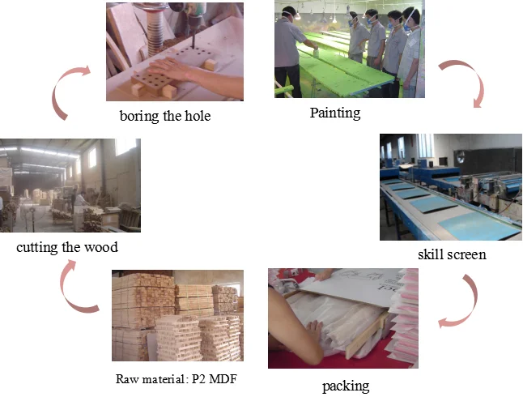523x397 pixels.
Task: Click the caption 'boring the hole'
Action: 164,116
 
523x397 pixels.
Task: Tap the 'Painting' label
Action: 334,113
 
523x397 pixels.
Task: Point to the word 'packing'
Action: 345,385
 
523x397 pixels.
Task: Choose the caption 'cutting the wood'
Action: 72,246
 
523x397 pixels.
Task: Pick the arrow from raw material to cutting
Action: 79,290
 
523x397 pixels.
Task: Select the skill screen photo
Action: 450,186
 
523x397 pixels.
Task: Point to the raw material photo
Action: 177,315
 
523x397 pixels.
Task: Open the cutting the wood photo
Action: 70,185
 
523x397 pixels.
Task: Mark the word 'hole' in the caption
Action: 195,116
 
